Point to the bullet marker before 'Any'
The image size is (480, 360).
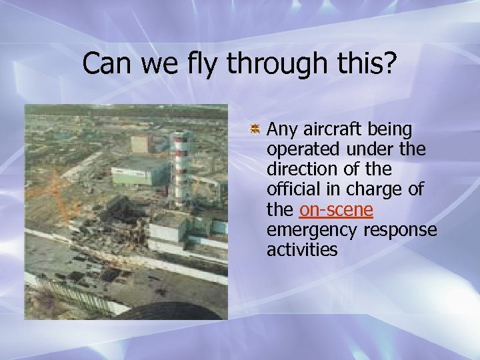point(255,128)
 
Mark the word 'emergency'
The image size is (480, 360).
point(312,231)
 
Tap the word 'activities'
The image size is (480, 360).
point(302,251)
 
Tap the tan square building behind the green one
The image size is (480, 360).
point(141,143)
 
